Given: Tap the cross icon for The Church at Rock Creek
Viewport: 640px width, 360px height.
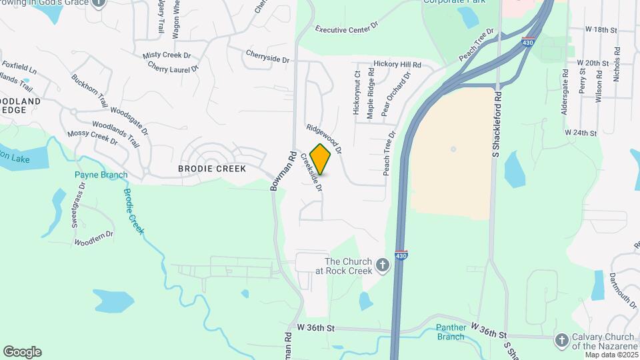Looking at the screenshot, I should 383,265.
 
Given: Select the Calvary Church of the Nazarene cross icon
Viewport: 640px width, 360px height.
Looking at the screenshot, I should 561,340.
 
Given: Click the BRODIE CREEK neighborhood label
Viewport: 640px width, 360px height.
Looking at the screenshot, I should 212,169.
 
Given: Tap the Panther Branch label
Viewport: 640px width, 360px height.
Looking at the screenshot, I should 450,332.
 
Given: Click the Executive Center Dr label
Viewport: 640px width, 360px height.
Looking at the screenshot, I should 347,29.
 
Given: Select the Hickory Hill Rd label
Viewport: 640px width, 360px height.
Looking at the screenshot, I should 397,64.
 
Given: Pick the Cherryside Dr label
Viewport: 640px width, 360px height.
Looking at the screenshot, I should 267,59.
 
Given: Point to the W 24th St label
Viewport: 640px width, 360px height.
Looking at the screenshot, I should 581,133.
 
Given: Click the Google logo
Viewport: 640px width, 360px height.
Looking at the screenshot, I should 22,352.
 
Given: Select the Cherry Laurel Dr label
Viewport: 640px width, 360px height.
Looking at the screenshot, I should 173,67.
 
